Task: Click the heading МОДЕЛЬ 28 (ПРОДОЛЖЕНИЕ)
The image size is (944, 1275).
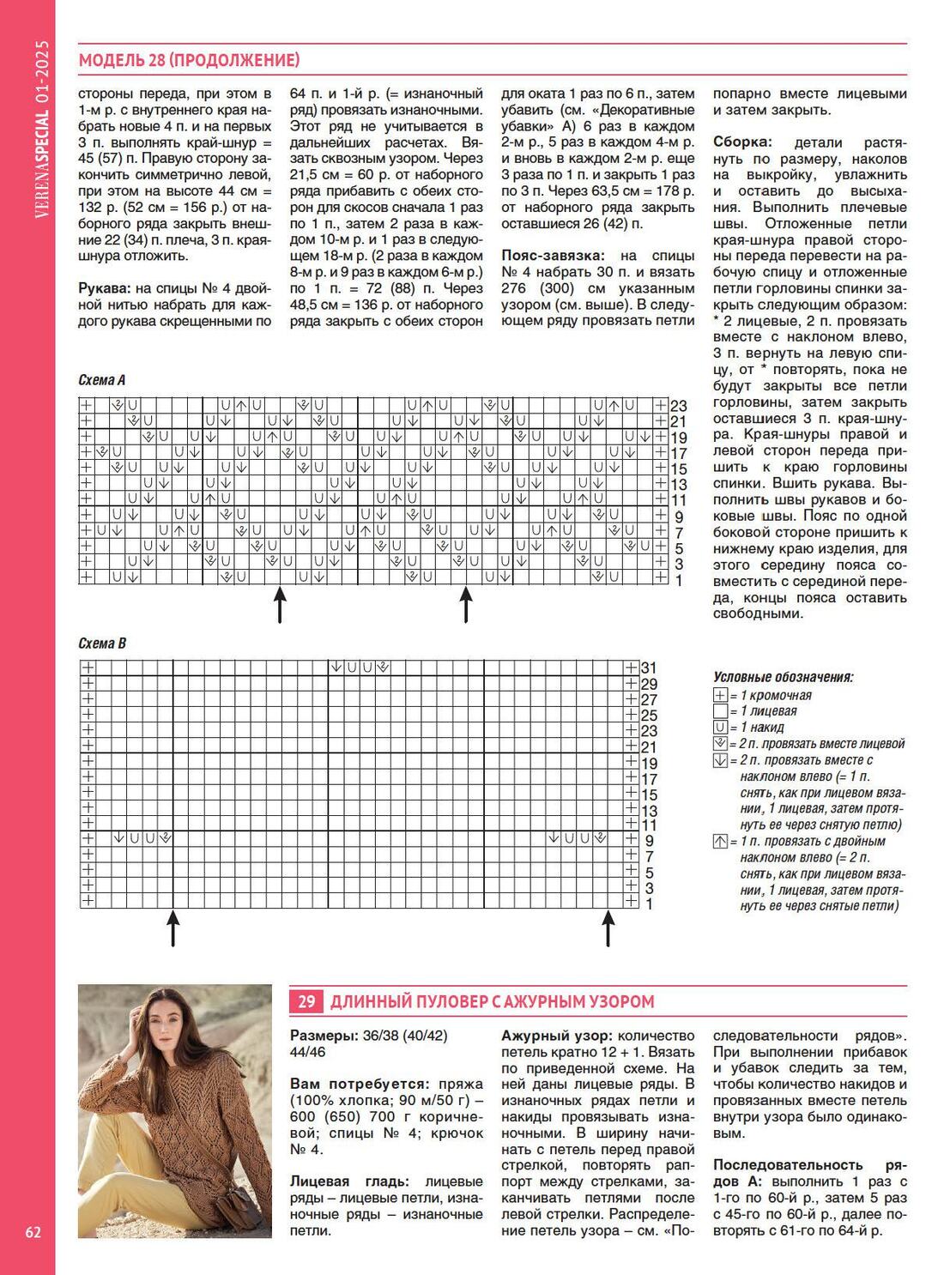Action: (189, 60)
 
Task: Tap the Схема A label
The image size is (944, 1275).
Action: (102, 380)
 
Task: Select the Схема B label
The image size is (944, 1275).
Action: (102, 644)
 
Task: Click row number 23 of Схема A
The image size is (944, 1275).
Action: (679, 406)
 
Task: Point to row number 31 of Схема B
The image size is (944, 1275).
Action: (649, 668)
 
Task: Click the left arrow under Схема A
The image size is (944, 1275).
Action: (280, 605)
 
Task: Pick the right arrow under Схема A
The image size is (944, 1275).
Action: (466, 605)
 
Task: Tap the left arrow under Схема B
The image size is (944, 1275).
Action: (173, 928)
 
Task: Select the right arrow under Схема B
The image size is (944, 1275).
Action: (608, 928)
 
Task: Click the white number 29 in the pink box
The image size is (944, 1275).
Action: (307, 1001)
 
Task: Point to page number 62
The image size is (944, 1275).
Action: (33, 1232)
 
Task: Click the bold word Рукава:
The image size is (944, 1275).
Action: (106, 288)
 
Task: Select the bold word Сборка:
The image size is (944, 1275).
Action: (742, 142)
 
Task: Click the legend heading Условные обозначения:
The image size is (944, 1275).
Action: (783, 677)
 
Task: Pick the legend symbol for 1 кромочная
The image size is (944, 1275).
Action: (720, 696)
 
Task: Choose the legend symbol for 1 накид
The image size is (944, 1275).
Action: (720, 728)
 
